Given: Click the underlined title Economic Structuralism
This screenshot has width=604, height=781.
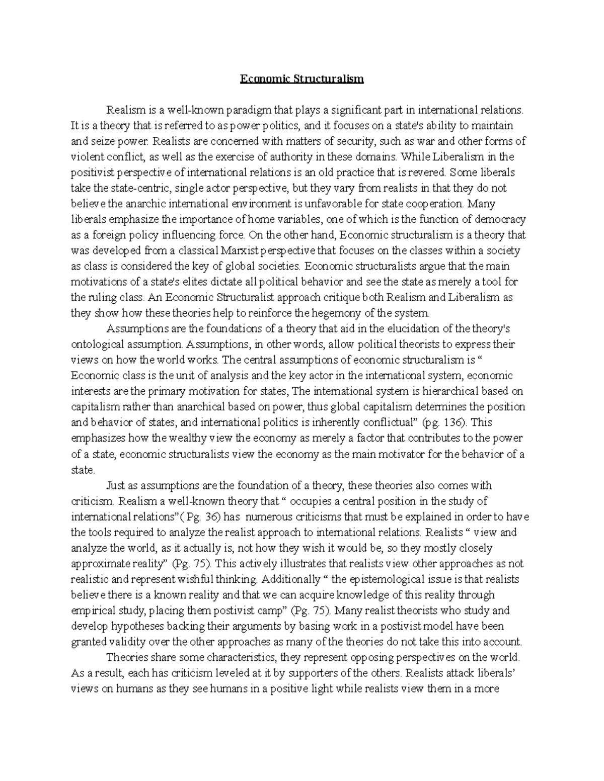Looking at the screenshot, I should click(x=301, y=79).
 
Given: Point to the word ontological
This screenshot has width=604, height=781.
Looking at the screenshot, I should click(x=98, y=344).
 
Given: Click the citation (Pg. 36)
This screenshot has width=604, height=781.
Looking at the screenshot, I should click(x=201, y=516).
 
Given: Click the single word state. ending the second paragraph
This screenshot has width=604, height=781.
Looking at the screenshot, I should click(x=83, y=470).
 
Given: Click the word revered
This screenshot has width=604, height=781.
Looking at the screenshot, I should click(x=429, y=172).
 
